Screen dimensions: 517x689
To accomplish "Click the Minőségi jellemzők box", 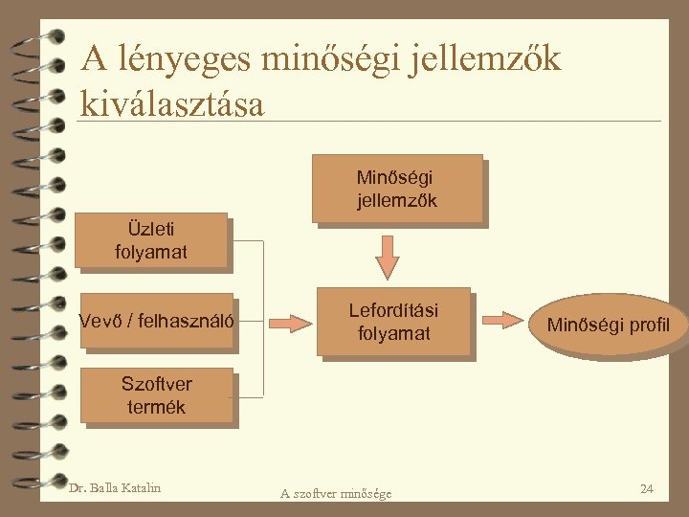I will pos(396,188).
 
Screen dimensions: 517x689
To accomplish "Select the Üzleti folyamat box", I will pos(152,239).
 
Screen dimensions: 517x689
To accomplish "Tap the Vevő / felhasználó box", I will pos(157,320).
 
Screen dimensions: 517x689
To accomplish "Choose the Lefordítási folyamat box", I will pos(393,322).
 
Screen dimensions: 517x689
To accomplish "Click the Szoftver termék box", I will pos(156,394).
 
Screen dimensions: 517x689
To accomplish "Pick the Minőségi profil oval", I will pos(608,326).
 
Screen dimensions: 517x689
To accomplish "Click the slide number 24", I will pos(646,489).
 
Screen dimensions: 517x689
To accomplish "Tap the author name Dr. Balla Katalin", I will pos(115,488).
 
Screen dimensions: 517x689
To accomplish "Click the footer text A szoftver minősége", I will pos(336,493).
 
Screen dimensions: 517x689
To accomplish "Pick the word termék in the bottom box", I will pos(156,406).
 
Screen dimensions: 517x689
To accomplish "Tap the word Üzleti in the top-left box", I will pos(151,229).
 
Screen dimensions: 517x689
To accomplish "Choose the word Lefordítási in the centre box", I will pos(393,311).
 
